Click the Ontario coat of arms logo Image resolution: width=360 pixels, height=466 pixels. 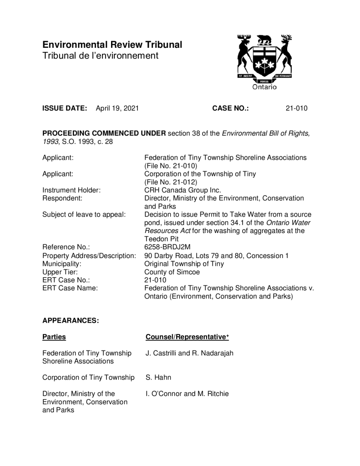264,57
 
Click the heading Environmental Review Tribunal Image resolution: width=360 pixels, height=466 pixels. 112,45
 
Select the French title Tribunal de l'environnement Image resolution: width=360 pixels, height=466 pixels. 100,56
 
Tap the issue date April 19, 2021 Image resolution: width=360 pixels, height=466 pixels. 117,108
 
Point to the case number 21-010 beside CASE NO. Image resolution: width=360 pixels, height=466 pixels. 296,108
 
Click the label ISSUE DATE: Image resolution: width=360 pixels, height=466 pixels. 65,108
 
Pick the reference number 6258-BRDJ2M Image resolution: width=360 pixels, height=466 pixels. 167,247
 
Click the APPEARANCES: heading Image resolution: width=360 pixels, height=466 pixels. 71,320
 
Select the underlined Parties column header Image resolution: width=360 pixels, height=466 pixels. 54,337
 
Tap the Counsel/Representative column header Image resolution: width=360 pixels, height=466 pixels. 187,337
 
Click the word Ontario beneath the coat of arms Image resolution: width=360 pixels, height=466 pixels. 264,86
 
